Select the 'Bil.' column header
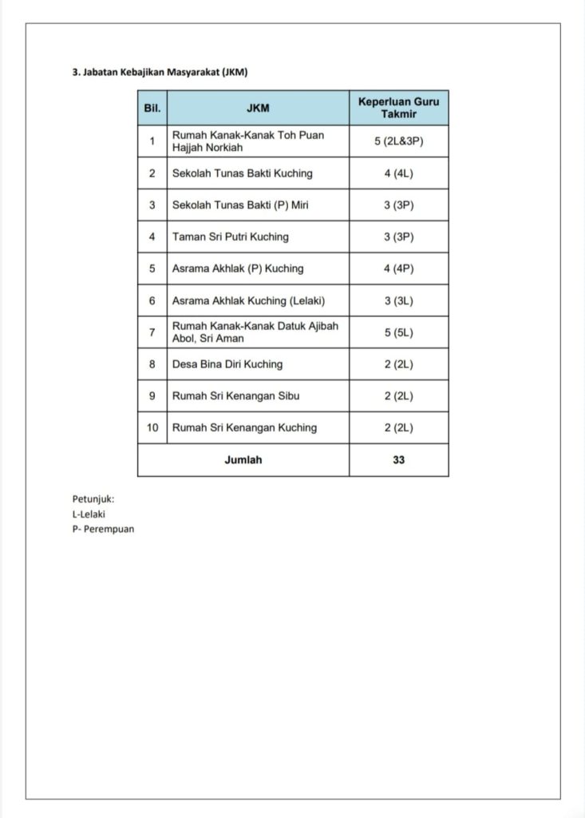pos(152,108)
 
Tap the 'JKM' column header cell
pos(258,108)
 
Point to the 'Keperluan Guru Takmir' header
pos(398,108)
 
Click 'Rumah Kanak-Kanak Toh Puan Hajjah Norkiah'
pos(248,141)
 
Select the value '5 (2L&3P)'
pos(398,141)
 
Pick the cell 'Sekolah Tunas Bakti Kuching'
pos(243,173)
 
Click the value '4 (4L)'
pos(398,173)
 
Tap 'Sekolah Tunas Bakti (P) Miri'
pos(240,205)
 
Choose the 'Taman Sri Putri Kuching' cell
pos(231,236)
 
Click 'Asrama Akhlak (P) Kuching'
pos(238,268)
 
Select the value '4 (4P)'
pos(398,268)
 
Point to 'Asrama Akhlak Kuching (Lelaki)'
pos(249,300)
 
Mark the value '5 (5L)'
pos(398,332)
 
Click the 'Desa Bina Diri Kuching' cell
pos(227,364)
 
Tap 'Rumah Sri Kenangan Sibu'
pos(236,395)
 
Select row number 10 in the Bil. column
pos(152,427)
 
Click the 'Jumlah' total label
pos(243,459)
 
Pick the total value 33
pos(398,459)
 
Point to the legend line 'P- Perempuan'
pos(103,529)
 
